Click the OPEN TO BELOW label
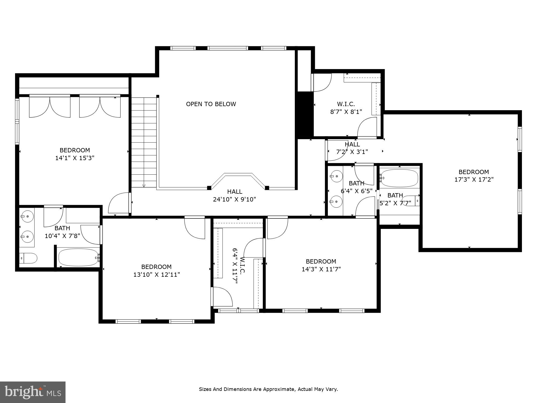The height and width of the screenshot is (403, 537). coord(211,104)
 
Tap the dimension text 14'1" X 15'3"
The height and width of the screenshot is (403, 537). coord(75,158)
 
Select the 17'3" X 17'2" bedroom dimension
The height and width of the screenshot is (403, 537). coord(474,179)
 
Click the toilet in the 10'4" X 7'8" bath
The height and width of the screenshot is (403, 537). coord(28,258)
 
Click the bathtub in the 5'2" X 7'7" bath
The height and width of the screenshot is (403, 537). coord(399,178)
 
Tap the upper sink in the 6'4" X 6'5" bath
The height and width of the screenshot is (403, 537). coord(336,176)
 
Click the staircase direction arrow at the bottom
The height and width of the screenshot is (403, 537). coord(144,185)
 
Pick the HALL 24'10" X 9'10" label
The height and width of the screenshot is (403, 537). coord(234,196)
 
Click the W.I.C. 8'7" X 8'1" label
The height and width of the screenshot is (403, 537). coord(346,108)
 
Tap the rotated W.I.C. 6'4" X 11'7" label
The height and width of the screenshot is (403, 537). coord(238,266)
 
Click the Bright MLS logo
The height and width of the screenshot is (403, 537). coord(33,392)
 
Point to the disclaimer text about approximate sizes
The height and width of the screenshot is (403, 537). coord(268,389)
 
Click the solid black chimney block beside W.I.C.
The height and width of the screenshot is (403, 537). coord(304,115)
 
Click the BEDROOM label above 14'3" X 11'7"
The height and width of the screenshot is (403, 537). coord(321,261)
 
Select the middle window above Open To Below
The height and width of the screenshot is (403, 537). coord(228,48)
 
